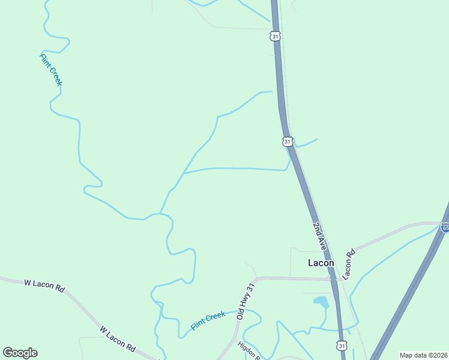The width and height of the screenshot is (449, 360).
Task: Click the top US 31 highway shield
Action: [x=276, y=36]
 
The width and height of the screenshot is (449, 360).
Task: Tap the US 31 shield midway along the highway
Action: [x=288, y=142]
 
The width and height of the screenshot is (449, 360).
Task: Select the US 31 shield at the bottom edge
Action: [x=342, y=346]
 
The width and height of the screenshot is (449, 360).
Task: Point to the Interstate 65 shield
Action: [x=445, y=227]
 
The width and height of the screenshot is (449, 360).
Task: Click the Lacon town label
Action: [x=321, y=263]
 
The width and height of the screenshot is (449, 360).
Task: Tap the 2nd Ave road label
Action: [x=319, y=236]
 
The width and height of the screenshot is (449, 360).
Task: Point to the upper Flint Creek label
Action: [x=50, y=70]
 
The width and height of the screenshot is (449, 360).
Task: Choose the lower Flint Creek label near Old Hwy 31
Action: [x=208, y=320]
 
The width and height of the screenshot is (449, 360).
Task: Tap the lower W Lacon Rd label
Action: [x=118, y=338]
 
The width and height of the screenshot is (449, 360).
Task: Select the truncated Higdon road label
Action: [x=248, y=350]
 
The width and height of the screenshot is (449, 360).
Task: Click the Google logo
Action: [x=20, y=353]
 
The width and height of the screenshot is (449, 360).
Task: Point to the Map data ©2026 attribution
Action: [x=423, y=355]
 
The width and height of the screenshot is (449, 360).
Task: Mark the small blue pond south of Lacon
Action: [x=321, y=302]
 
